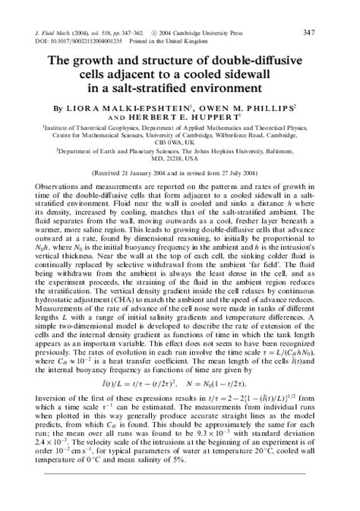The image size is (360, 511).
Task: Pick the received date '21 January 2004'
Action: point(162,174)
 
